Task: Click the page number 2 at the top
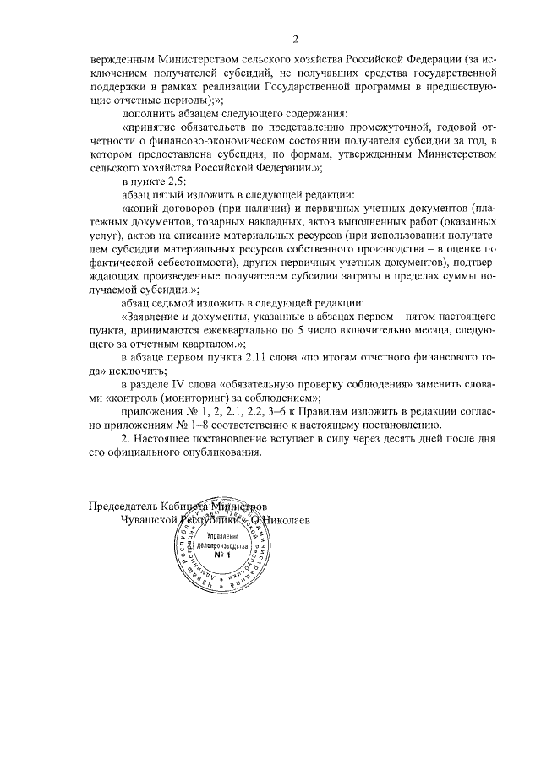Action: point(296,39)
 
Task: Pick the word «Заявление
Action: point(157,319)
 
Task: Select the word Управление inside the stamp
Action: point(221,537)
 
